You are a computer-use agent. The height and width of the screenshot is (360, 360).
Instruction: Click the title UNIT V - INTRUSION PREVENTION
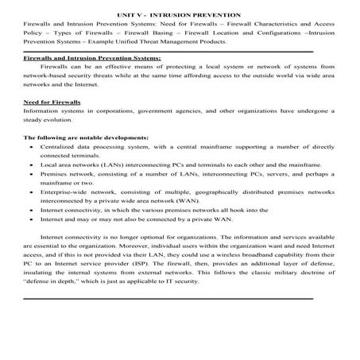[179, 15]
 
